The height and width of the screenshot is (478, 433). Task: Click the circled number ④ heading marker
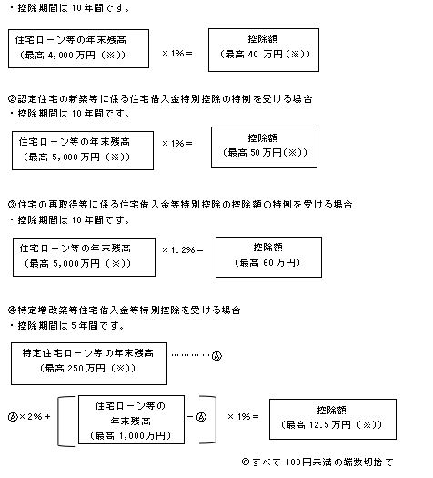tap(11, 310)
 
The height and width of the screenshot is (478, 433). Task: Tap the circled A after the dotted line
tap(216, 357)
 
